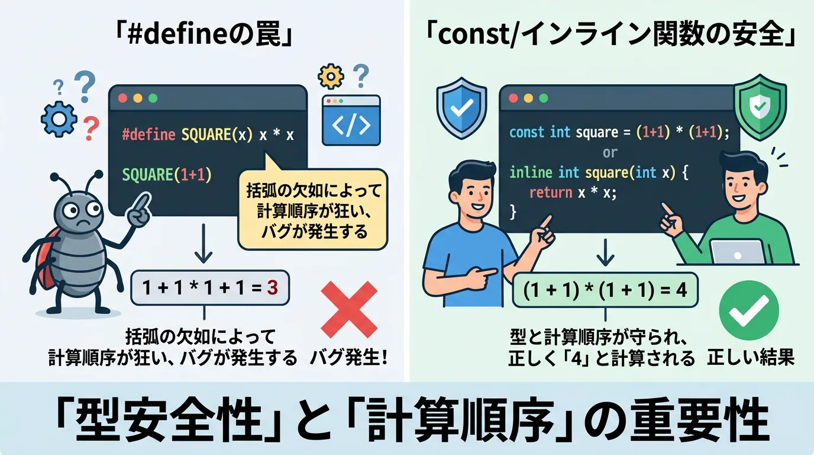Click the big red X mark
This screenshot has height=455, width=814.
(x=349, y=309)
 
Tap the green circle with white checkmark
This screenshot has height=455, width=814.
(x=749, y=310)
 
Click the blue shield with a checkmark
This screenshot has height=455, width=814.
(x=461, y=108)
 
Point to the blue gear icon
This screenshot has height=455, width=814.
(x=59, y=120)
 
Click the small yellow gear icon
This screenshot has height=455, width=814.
(x=331, y=76)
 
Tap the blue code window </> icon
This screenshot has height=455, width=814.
(x=351, y=120)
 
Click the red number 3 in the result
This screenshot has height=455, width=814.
(x=272, y=287)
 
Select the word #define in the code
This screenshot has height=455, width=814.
(x=148, y=134)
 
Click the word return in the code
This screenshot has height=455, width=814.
(x=551, y=192)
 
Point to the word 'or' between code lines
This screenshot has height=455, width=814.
(x=610, y=152)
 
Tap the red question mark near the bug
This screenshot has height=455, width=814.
(x=91, y=128)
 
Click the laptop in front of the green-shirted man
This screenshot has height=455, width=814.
(x=738, y=251)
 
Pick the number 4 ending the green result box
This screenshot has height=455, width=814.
(x=681, y=290)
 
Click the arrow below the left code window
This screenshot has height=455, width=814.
(x=204, y=243)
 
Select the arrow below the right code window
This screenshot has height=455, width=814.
(x=605, y=252)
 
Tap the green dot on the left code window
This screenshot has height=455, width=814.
(x=153, y=98)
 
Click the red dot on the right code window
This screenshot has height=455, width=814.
(x=513, y=98)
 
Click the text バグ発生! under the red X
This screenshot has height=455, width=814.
(x=348, y=358)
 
